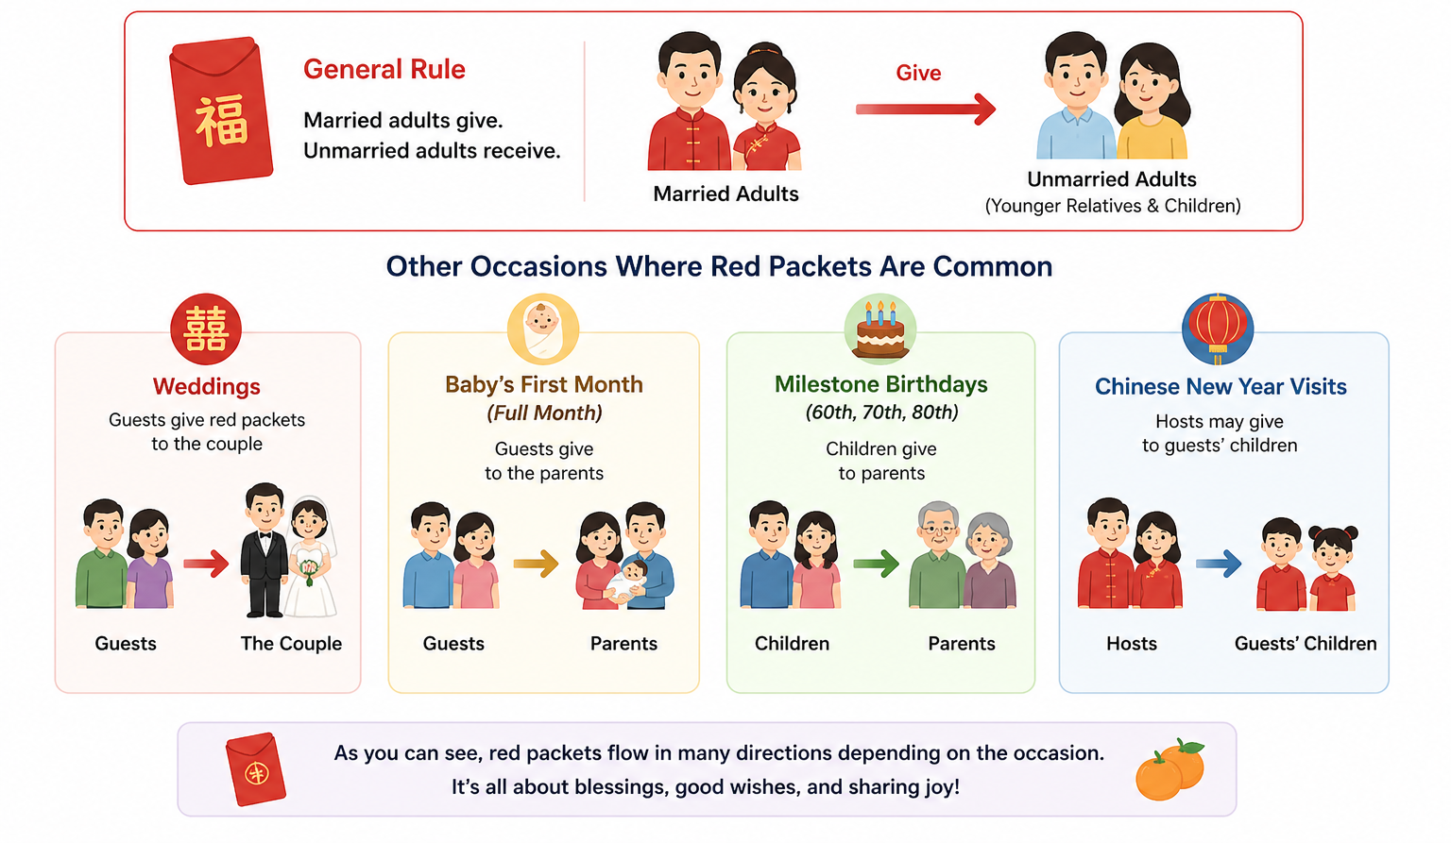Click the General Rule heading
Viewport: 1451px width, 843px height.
[384, 69]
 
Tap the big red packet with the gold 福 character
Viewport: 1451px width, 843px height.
[221, 110]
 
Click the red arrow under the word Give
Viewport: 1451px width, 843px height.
[926, 110]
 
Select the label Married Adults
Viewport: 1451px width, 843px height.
[725, 194]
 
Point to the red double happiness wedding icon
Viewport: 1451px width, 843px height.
[206, 329]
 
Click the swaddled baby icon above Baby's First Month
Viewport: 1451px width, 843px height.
[543, 329]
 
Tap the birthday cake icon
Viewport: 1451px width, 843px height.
[880, 329]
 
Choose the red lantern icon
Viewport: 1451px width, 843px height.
[1218, 329]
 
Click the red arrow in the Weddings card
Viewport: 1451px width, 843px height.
[206, 564]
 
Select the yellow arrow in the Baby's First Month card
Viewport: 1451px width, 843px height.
[536, 564]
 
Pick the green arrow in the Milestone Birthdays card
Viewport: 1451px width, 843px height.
[876, 564]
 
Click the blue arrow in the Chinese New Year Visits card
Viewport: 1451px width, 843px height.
[1219, 564]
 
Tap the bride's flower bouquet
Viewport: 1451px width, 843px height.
[310, 571]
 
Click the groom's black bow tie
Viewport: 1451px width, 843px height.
[265, 535]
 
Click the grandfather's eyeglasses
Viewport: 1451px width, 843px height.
[937, 531]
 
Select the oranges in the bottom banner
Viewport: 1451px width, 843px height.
[1169, 769]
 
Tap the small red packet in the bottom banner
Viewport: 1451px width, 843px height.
[256, 769]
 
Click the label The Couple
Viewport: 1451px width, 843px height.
[291, 644]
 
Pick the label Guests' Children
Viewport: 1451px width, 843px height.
[1306, 644]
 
